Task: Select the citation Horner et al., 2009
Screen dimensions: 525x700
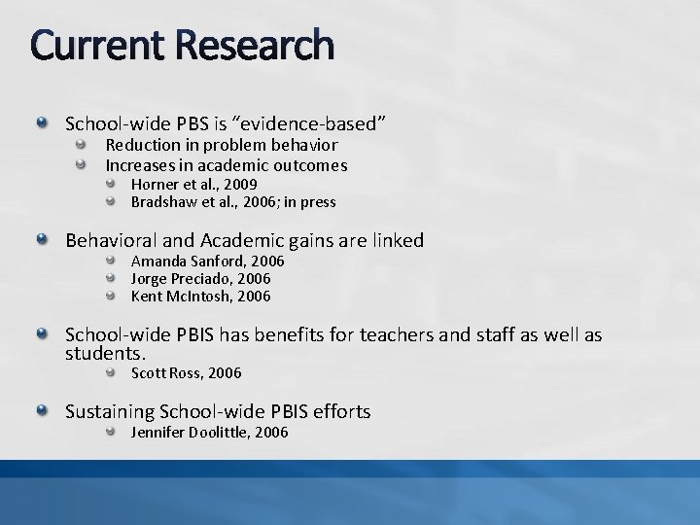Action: [193, 185]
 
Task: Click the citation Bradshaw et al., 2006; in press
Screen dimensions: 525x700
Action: [233, 202]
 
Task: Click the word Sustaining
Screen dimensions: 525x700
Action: [108, 412]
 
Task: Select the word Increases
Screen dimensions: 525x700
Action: [140, 165]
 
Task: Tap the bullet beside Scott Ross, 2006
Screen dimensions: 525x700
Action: [112, 372]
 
